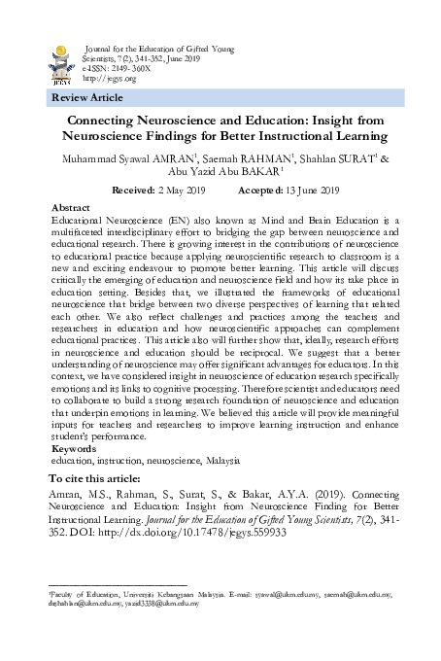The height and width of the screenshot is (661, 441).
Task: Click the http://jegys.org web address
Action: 108,79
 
